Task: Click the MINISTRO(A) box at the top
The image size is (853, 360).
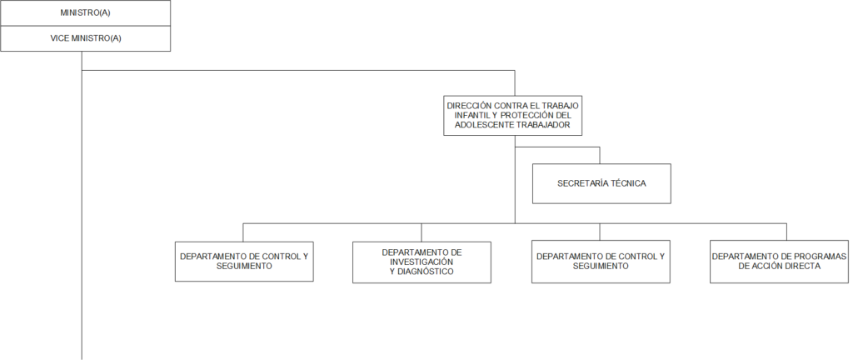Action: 86,13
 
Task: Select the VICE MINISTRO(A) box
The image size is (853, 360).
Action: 86,38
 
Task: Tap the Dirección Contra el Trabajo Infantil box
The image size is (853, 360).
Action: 513,115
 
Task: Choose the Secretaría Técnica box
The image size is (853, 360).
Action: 601,184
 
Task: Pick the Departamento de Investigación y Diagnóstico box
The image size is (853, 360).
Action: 422,262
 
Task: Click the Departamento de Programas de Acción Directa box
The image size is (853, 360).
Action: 779,262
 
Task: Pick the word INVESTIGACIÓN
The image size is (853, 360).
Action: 422,262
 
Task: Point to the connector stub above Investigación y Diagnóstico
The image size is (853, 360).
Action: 421,232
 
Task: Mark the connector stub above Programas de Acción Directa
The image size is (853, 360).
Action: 786,232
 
